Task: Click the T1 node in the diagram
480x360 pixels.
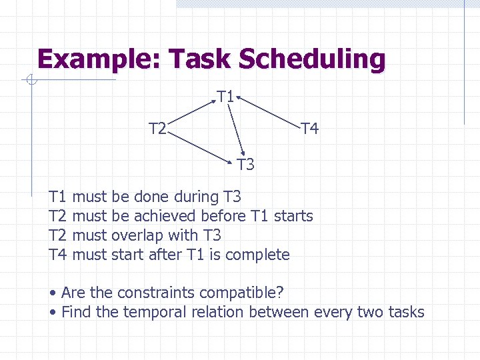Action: (x=225, y=97)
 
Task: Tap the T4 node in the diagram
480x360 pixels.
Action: (x=309, y=128)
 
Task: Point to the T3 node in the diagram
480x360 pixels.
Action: (x=245, y=164)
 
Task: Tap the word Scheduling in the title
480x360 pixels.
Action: (x=312, y=59)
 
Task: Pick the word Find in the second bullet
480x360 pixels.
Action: (x=76, y=312)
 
